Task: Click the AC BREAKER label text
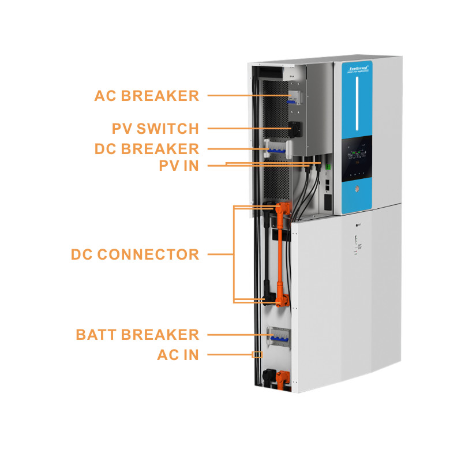pos(147,96)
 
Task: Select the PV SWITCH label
pos(155,128)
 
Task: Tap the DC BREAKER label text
pos(147,149)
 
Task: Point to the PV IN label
pos(179,166)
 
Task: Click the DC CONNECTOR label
pos(135,254)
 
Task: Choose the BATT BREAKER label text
pos(137,335)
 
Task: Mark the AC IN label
pos(178,355)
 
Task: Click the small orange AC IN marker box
pos(257,355)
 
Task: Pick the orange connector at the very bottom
pos(282,377)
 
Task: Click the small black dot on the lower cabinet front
pos(357,226)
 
